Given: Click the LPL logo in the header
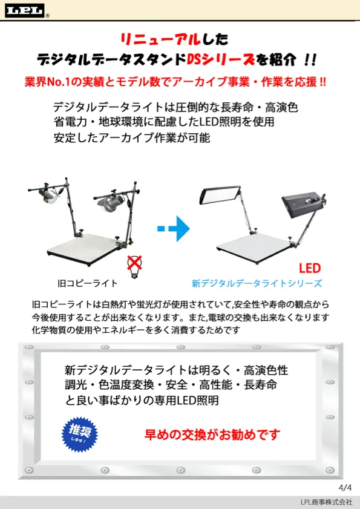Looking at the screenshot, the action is (25, 11).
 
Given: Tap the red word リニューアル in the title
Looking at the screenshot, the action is (160, 39).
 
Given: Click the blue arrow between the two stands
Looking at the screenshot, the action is (174, 229).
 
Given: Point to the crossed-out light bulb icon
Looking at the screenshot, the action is (134, 266).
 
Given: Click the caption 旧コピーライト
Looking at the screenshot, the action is (87, 283).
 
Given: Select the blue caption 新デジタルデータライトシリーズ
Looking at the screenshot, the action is (257, 283).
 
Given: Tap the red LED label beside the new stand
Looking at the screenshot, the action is (310, 269).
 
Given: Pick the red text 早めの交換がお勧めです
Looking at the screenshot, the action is (212, 435).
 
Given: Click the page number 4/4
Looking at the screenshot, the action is (345, 488).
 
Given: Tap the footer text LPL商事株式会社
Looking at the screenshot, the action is (326, 502).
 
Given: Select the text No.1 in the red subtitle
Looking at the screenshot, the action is (59, 82).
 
